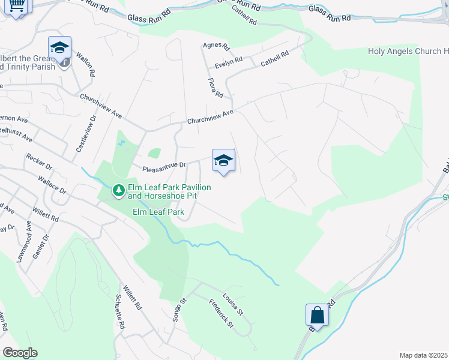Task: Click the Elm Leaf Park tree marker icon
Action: pyautogui.click(x=119, y=191)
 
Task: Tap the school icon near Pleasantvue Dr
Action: pyautogui.click(x=223, y=160)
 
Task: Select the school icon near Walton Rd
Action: pyautogui.click(x=60, y=47)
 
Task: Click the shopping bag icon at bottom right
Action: pyautogui.click(x=316, y=315)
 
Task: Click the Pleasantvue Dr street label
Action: pyautogui.click(x=164, y=166)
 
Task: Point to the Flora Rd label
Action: pyautogui.click(x=215, y=88)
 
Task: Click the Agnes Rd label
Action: pyautogui.click(x=217, y=46)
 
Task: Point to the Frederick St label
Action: pyautogui.click(x=221, y=313)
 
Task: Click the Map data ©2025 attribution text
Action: pyautogui.click(x=423, y=355)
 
